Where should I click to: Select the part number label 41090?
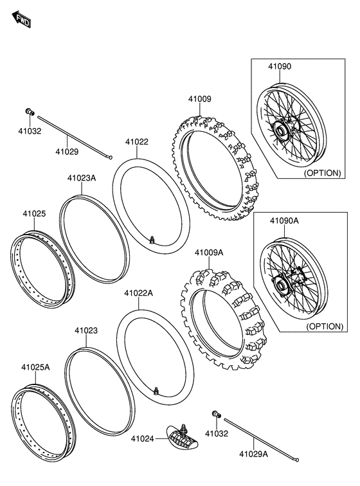(x=280, y=66)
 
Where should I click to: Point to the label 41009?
(x=199, y=99)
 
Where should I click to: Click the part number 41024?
(x=143, y=439)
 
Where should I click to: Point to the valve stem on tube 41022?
(x=152, y=240)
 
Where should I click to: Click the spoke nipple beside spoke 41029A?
(x=216, y=413)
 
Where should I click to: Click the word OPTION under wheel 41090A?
(x=324, y=326)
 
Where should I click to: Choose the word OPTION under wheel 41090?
(x=323, y=173)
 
